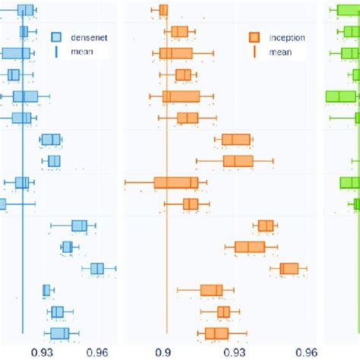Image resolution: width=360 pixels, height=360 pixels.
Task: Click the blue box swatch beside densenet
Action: click(x=56, y=36)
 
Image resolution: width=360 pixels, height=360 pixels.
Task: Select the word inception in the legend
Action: click(x=286, y=36)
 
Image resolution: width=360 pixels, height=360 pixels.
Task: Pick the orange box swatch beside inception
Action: click(x=254, y=36)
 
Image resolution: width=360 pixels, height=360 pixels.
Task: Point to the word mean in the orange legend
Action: click(x=279, y=52)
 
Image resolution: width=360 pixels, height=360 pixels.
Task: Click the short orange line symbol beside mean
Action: click(x=254, y=52)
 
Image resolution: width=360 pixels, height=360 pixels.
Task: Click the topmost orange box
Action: click(x=163, y=10)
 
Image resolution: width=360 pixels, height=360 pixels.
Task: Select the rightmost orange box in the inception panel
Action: click(x=289, y=269)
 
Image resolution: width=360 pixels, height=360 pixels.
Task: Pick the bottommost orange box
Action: click(x=216, y=333)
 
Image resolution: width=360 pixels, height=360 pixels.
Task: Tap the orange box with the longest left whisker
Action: click(x=176, y=182)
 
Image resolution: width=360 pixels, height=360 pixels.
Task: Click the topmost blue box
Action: click(x=25, y=10)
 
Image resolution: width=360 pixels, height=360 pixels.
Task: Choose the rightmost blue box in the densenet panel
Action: click(x=96, y=269)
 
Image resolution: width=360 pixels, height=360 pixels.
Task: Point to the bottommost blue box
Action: click(x=59, y=333)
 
